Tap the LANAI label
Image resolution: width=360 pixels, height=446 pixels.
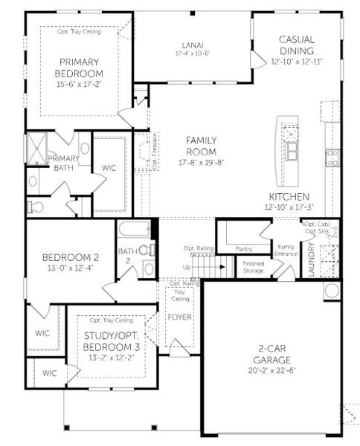click(193, 44)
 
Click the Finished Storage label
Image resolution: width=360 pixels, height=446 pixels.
click(254, 265)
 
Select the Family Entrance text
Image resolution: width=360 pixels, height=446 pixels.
click(286, 250)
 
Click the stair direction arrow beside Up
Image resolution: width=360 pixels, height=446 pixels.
click(199, 267)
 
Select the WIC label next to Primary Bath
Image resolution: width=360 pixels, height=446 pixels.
click(109, 168)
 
